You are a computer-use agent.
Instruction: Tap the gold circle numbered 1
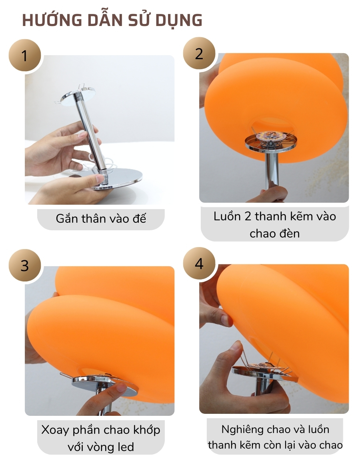pyautogui.click(x=25, y=56)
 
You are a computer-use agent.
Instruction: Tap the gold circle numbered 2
pyautogui.click(x=199, y=54)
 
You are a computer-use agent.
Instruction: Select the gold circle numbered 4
pyautogui.click(x=199, y=264)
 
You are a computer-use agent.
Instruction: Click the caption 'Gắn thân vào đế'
pyautogui.click(x=101, y=219)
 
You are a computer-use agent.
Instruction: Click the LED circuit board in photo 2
pyautogui.click(x=271, y=138)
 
